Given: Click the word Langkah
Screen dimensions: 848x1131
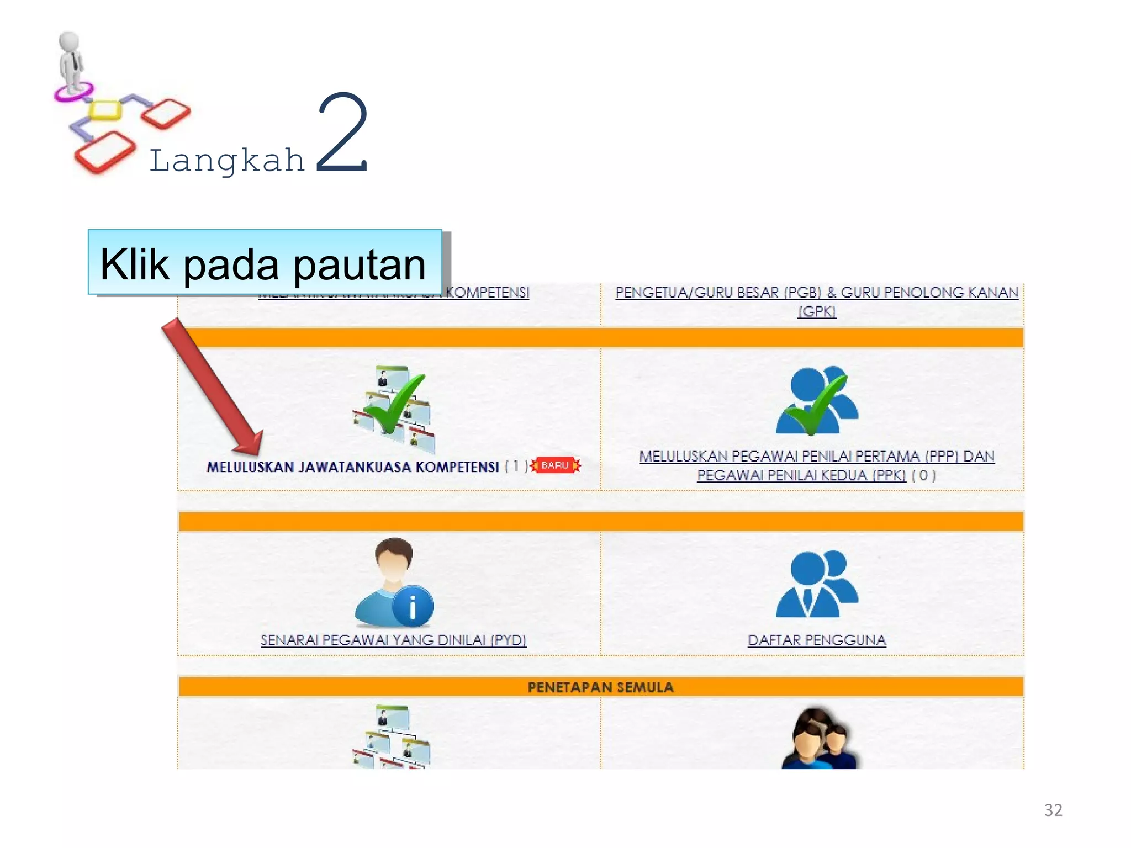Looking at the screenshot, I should tap(227, 161).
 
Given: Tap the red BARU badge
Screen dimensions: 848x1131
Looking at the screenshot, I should tap(555, 465).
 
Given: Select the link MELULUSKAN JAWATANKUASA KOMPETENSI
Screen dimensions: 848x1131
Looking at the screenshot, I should tap(352, 467).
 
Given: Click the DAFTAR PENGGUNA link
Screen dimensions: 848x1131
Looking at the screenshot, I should tap(816, 640).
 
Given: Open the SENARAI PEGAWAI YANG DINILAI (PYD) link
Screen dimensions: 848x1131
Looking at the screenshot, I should tap(393, 640).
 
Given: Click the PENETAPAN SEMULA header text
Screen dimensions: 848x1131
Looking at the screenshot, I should tap(600, 687).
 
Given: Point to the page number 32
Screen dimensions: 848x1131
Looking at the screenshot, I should tap(1053, 810).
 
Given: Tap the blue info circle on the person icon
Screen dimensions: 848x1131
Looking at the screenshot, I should tap(413, 606).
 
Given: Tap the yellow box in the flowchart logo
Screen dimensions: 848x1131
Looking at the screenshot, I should tap(105, 109).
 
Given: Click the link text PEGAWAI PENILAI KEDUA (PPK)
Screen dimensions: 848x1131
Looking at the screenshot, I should tap(801, 475).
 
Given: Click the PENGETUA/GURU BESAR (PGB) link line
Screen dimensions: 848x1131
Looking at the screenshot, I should tap(816, 293).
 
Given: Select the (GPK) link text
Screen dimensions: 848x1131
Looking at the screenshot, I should tap(817, 312).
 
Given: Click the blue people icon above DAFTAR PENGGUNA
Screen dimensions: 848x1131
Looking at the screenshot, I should tap(816, 584).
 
